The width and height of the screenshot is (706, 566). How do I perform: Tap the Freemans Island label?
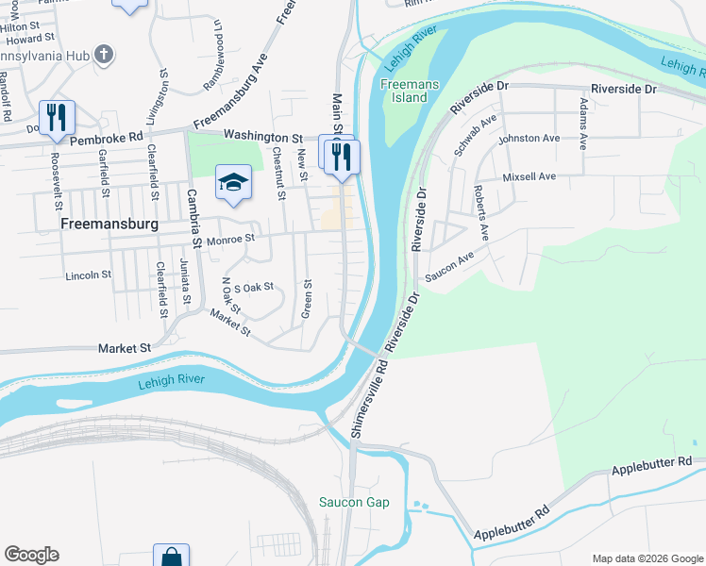405,91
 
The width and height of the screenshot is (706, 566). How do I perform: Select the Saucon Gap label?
354,502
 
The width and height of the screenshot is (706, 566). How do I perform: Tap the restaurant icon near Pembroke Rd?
59,116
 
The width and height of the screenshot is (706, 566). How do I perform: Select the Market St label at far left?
125,348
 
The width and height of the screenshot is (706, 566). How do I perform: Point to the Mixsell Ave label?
529,176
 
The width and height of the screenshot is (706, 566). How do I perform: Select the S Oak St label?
253,287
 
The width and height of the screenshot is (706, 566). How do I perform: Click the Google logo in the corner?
31,555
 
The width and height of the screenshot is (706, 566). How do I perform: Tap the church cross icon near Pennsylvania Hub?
104,55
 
